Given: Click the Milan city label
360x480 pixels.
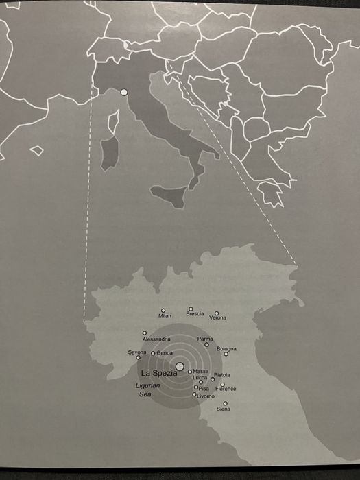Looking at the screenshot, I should [165, 316].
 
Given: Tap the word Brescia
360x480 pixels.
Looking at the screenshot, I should [195, 314].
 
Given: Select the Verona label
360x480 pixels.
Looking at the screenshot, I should [217, 318].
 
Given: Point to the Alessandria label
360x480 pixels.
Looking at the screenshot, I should [156, 339].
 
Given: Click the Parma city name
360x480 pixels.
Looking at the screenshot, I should [205, 339].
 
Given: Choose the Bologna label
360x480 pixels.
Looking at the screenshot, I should [226, 349].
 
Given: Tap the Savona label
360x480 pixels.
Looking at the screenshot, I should [137, 352].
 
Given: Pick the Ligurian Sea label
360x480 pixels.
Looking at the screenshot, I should [147, 390].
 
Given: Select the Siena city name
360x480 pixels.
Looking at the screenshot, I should [224, 409].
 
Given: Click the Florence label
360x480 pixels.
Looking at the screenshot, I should [226, 389].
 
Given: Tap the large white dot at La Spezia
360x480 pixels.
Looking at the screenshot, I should [180, 367].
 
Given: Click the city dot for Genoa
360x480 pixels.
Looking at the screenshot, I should [153, 353].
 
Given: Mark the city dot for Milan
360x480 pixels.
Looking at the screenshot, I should [163, 311].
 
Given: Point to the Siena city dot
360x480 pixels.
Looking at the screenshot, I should [225, 403].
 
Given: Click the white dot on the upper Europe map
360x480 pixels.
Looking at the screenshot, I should [124, 92].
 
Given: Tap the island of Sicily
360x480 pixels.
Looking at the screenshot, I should [168, 196].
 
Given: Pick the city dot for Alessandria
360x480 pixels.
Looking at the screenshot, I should [145, 333].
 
